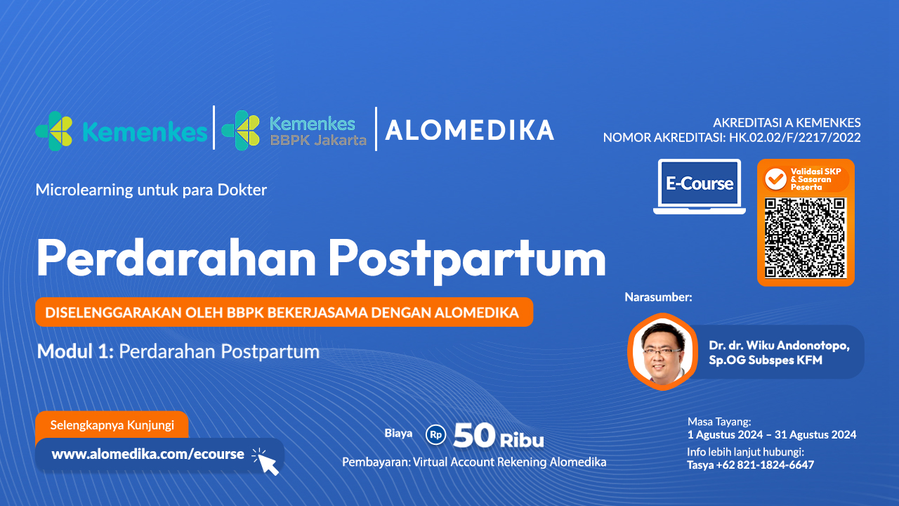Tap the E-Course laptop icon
(699, 186)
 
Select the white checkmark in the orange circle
(775, 179)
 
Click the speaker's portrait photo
(660, 350)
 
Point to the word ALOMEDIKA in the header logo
(469, 130)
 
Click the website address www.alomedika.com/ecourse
(148, 454)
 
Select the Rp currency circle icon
(435, 435)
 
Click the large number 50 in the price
(475, 436)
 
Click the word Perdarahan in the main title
(176, 259)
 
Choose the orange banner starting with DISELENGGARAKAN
(284, 313)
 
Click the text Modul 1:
(76, 351)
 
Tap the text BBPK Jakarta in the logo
(318, 140)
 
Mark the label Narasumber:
(658, 297)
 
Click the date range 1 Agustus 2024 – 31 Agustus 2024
(771, 434)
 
